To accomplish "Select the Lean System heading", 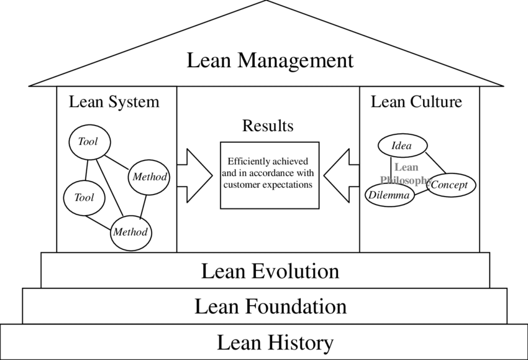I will pyautogui.click(x=114, y=101).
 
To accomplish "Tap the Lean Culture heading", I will pyautogui.click(x=416, y=101).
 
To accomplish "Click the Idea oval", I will pyautogui.click(x=402, y=147).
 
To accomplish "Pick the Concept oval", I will pyautogui.click(x=452, y=185).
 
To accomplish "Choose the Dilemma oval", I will pyautogui.click(x=389, y=196).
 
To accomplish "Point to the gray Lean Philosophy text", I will pyautogui.click(x=406, y=173).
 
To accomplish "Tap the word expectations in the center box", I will pyautogui.click(x=289, y=185).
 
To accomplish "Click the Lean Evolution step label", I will pyautogui.click(x=270, y=272).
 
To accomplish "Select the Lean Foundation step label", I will pyautogui.click(x=270, y=307).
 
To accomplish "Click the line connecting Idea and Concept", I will pyautogui.click(x=436, y=164).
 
